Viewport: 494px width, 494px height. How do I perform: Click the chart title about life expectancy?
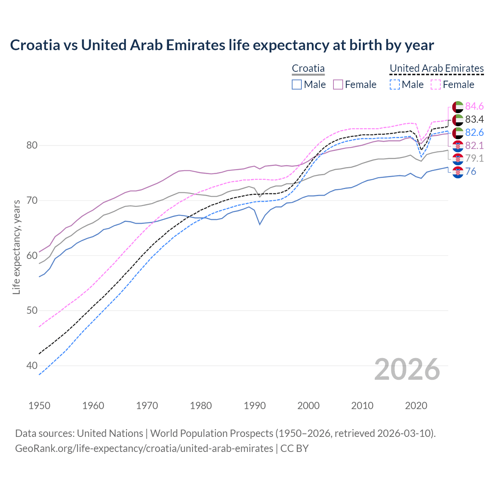point(222,45)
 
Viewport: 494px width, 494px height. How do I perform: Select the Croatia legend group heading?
point(308,68)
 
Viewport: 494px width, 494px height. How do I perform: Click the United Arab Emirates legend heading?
point(436,68)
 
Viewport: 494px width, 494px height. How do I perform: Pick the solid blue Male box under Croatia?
point(297,85)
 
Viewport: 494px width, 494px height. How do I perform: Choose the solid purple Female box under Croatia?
point(338,85)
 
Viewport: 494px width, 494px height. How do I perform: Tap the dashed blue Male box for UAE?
point(394,85)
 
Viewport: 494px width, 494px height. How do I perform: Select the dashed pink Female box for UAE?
point(436,85)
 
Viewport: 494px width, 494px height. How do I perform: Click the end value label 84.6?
point(474,106)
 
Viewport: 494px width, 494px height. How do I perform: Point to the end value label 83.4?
point(474,119)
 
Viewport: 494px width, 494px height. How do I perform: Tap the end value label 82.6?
point(474,132)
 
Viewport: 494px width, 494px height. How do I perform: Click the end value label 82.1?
point(474,145)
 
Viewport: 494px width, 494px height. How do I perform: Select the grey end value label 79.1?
point(474,158)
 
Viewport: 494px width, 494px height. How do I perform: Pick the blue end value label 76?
point(470,171)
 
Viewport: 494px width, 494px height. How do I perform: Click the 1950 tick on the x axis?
point(39,406)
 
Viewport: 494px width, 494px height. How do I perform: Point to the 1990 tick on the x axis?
point(255,406)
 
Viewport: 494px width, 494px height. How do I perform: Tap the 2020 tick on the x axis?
point(416,406)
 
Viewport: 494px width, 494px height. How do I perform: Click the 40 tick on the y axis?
point(32,365)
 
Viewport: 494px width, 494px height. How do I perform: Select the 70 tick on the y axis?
point(32,200)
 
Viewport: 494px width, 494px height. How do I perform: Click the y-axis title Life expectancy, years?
point(16,247)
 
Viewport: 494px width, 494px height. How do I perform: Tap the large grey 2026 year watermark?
point(407,369)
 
